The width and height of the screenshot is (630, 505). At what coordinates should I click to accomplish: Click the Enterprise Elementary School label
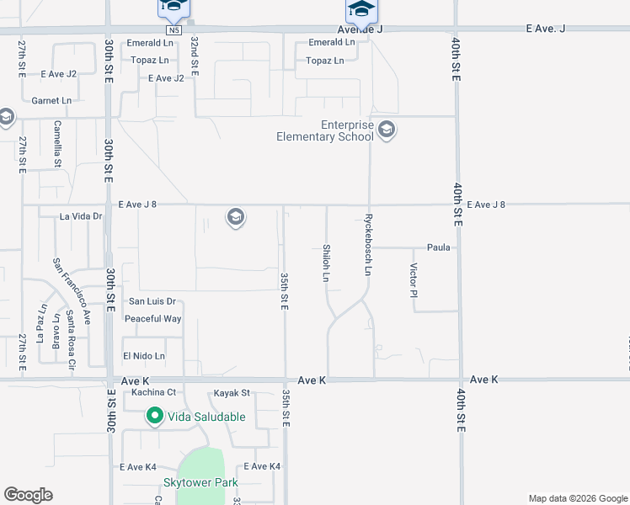(x=324, y=130)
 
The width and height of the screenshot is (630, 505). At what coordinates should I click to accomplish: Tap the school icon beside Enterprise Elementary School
(x=387, y=130)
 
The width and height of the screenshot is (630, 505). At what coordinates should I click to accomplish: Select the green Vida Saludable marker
(x=155, y=416)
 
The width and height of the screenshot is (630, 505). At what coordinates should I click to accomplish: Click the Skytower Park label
(x=200, y=482)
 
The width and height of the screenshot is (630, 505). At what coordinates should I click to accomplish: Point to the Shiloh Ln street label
(x=325, y=263)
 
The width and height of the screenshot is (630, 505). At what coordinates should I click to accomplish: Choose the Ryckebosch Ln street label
(x=368, y=245)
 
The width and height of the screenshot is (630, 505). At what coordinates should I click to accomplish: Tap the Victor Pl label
(x=414, y=280)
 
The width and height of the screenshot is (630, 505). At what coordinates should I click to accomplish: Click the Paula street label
(x=439, y=247)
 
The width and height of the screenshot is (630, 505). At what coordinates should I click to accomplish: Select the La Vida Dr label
(x=81, y=216)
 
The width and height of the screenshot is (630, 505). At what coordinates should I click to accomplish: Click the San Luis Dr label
(x=152, y=300)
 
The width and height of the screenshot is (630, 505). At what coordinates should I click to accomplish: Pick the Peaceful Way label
(x=152, y=319)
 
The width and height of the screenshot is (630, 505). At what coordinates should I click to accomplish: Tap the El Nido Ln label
(x=144, y=356)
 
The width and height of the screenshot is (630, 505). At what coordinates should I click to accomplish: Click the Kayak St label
(x=232, y=392)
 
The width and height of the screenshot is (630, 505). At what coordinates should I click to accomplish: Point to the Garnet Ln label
(x=51, y=100)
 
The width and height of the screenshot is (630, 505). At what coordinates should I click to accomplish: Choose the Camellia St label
(x=57, y=143)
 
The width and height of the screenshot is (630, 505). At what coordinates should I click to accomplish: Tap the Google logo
(x=28, y=495)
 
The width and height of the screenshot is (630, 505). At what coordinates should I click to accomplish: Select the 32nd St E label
(x=194, y=56)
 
